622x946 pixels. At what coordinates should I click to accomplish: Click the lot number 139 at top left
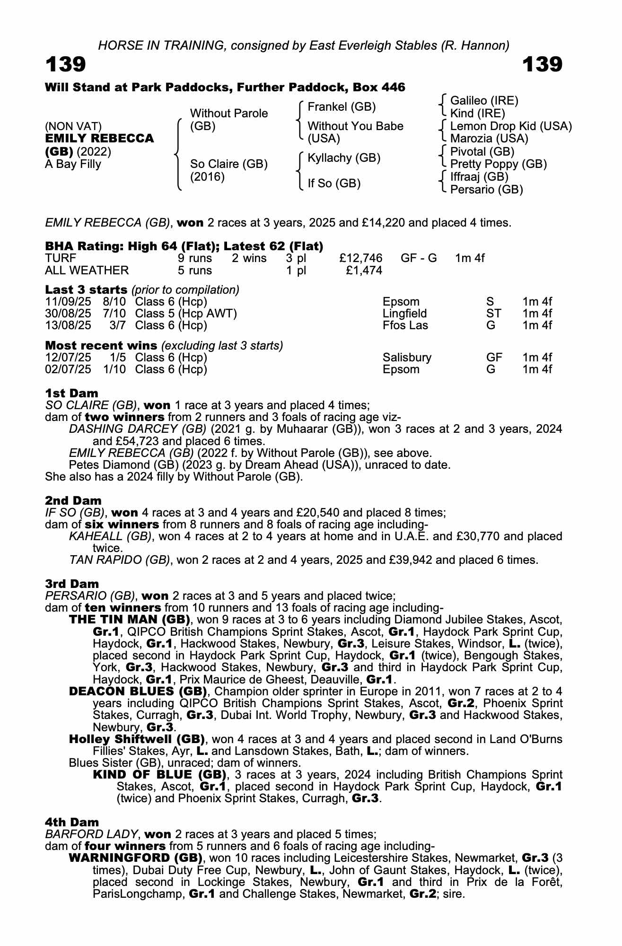tap(66, 64)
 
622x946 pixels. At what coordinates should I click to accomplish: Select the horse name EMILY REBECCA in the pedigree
tap(99, 139)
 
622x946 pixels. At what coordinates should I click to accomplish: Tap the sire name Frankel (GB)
tap(342, 107)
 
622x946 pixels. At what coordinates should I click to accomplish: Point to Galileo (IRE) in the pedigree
tap(484, 100)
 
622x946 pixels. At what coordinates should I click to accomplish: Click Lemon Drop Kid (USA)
tap(511, 126)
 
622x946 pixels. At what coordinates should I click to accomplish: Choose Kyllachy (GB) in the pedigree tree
tap(344, 158)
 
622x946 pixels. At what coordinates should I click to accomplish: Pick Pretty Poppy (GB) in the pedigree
tap(498, 164)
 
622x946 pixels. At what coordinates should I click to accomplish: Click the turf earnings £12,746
tap(360, 258)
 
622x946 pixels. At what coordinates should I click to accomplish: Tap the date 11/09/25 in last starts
tap(68, 302)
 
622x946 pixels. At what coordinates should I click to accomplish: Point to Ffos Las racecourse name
tap(405, 325)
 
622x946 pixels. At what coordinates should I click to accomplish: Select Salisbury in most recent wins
tap(407, 358)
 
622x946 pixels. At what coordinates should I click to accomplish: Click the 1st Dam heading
tap(71, 393)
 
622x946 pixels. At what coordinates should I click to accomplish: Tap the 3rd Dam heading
tap(72, 584)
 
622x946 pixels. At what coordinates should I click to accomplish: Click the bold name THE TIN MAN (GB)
tap(130, 620)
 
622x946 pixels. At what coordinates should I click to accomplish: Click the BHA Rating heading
tap(184, 246)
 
